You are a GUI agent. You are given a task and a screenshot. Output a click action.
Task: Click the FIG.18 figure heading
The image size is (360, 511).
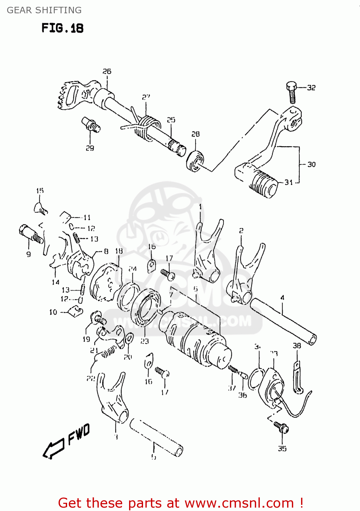pos(62,28)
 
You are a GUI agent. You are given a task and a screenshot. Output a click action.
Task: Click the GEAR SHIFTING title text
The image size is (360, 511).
pos(44,10)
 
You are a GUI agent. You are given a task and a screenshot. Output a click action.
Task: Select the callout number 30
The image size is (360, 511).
pos(311,164)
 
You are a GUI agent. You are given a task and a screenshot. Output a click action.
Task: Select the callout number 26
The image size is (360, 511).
pos(107,71)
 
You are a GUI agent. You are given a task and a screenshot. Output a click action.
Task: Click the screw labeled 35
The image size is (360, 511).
pos(282,427)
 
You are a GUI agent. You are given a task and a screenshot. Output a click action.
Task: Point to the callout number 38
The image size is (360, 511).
pos(297,346)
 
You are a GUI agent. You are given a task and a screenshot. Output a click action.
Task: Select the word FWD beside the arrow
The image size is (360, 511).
pos(79,434)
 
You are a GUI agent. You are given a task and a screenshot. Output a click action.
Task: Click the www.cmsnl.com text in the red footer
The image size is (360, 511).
pos(239,503)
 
